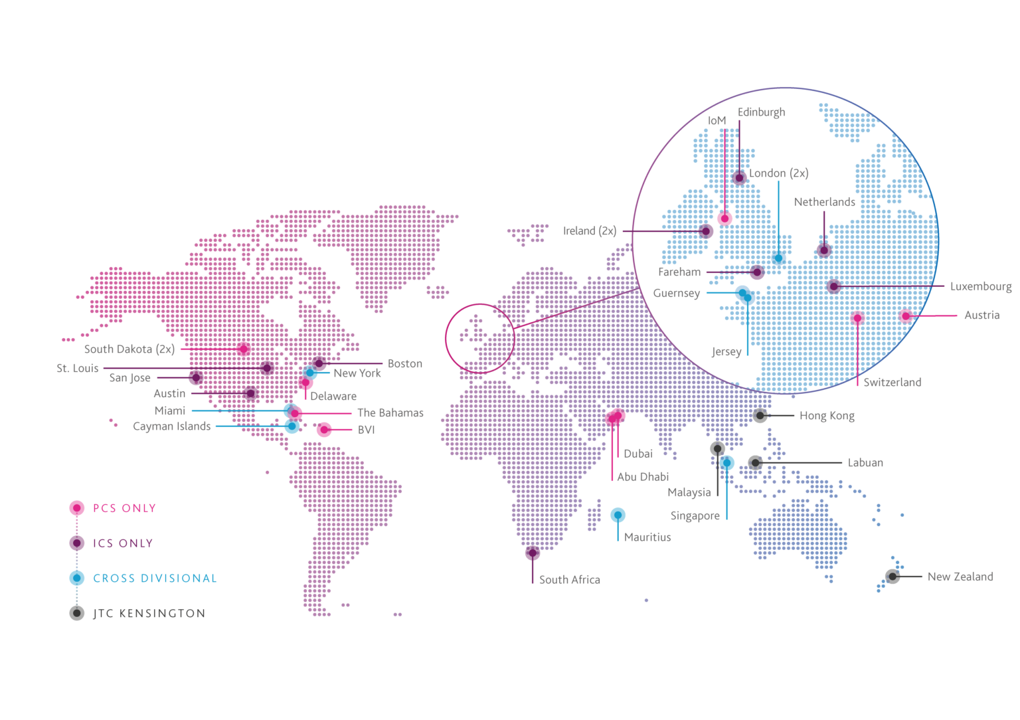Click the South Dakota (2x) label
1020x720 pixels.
(129, 349)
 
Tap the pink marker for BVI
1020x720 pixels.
(324, 430)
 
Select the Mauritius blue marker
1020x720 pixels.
(618, 515)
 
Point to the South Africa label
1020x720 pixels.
(569, 580)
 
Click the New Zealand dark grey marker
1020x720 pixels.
(892, 576)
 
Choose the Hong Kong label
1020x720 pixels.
(827, 416)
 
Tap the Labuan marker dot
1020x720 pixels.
(755, 462)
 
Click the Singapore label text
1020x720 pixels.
(695, 516)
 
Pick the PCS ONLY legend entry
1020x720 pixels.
(124, 508)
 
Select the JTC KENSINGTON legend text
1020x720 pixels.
(149, 614)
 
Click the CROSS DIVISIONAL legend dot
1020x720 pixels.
(77, 578)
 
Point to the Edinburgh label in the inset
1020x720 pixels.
(761, 112)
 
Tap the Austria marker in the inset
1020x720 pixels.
(905, 316)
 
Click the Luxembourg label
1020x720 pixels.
(980, 286)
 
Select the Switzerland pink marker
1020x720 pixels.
(857, 318)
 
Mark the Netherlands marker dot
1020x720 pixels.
(824, 250)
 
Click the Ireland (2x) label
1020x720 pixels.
(590, 231)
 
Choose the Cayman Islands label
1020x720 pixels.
(171, 426)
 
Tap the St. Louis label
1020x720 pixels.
(78, 368)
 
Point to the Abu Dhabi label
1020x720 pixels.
(642, 477)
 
